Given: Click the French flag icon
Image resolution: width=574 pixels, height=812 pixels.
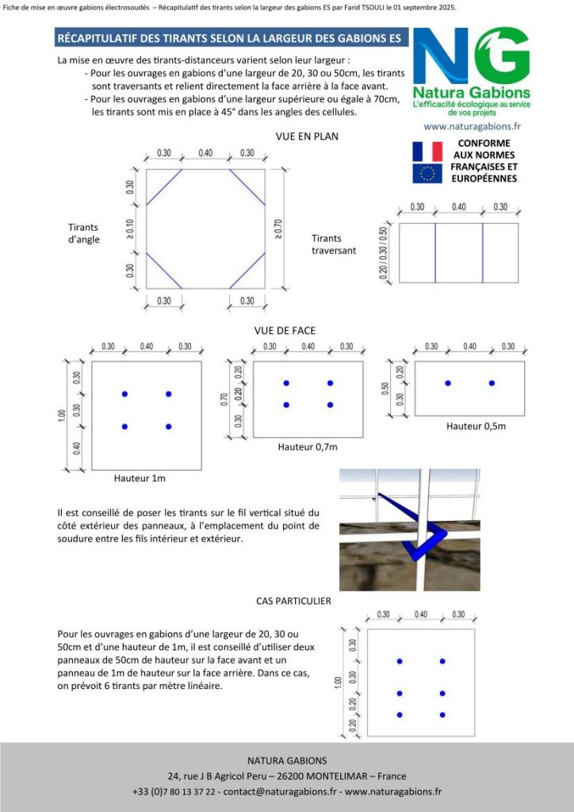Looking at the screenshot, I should pyautogui.click(x=427, y=151).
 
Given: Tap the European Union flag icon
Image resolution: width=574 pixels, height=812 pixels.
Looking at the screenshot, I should pyautogui.click(x=427, y=174).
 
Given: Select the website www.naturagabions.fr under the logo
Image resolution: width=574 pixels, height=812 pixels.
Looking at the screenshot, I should pyautogui.click(x=472, y=126).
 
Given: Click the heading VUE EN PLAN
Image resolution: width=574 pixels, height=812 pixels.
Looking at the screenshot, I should pyautogui.click(x=307, y=136).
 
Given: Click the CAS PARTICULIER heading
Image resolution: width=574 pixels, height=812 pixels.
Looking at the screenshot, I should pyautogui.click(x=293, y=601).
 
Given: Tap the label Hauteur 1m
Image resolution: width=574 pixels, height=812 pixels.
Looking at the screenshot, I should pyautogui.click(x=140, y=478).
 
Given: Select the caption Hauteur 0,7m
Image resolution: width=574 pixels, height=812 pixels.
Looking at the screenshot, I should pyautogui.click(x=308, y=447).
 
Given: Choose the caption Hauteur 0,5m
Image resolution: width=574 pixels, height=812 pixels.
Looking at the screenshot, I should pyautogui.click(x=476, y=426).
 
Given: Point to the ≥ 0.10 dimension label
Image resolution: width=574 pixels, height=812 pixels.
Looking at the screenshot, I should pyautogui.click(x=130, y=229).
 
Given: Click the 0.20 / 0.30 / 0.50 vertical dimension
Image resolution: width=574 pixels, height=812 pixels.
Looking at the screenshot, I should pyautogui.click(x=385, y=253).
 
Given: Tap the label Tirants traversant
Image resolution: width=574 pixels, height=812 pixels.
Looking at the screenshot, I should pyautogui.click(x=334, y=244).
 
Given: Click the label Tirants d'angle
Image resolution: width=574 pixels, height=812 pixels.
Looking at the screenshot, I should pyautogui.click(x=84, y=233).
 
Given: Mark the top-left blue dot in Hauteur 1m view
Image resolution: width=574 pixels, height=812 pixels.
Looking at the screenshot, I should pyautogui.click(x=124, y=394).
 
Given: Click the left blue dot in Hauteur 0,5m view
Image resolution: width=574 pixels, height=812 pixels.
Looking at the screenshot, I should pyautogui.click(x=448, y=383).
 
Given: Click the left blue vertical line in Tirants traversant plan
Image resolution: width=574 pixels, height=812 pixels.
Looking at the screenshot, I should pyautogui.click(x=435, y=253).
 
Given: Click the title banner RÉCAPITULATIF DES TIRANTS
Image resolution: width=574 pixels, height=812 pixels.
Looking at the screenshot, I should pyautogui.click(x=229, y=38).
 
